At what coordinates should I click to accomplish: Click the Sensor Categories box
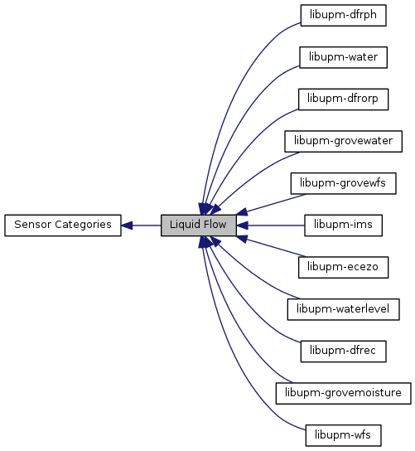pyautogui.click(x=63, y=225)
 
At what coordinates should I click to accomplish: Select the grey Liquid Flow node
pyautogui.click(x=198, y=225)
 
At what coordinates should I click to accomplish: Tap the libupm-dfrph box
pyautogui.click(x=343, y=15)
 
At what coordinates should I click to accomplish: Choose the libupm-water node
pyautogui.click(x=343, y=57)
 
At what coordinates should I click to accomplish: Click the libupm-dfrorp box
pyautogui.click(x=343, y=99)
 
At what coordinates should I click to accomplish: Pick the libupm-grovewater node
pyautogui.click(x=343, y=141)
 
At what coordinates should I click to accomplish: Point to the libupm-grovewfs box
pyautogui.click(x=343, y=183)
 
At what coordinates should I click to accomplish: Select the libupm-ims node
pyautogui.click(x=343, y=225)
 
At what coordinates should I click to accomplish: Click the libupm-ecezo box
pyautogui.click(x=343, y=267)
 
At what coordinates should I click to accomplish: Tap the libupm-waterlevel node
pyautogui.click(x=343, y=309)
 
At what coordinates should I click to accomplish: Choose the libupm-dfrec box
pyautogui.click(x=343, y=352)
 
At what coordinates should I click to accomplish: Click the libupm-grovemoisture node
pyautogui.click(x=343, y=393)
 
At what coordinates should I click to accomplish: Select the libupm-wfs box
pyautogui.click(x=343, y=435)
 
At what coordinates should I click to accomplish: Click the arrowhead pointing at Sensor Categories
pyautogui.click(x=127, y=225)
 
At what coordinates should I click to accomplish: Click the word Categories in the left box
pyautogui.click(x=84, y=225)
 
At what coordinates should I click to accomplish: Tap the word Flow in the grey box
pyautogui.click(x=215, y=225)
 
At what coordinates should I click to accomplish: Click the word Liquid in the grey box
pyautogui.click(x=186, y=225)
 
